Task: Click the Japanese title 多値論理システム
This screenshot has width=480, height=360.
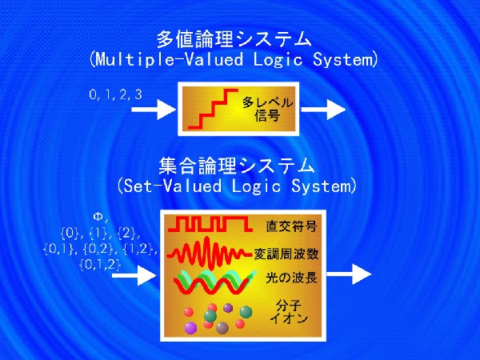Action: [x=234, y=40]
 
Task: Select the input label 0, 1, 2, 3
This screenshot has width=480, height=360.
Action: [x=116, y=94]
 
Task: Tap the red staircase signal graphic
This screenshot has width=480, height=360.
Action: [x=213, y=109]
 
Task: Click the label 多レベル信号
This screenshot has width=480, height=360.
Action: [x=267, y=110]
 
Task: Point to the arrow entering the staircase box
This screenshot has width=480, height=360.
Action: [x=154, y=110]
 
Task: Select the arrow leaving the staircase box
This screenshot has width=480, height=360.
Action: [x=323, y=110]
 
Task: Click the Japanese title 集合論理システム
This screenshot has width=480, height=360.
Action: [x=236, y=166]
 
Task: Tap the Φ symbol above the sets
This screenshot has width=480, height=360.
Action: [x=98, y=218]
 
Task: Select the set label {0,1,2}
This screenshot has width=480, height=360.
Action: [x=100, y=265]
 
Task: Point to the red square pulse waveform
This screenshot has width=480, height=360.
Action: [x=210, y=224]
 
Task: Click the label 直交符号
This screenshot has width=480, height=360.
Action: [x=291, y=226]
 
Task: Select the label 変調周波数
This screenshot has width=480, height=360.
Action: [x=286, y=254]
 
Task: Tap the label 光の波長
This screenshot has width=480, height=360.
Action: [x=291, y=278]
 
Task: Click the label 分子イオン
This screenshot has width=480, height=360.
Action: [x=289, y=312]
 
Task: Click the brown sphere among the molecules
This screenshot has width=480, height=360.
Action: [x=222, y=328]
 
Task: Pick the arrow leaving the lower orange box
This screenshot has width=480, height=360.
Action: [x=349, y=274]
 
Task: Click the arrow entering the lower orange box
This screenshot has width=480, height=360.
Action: [x=134, y=275]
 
